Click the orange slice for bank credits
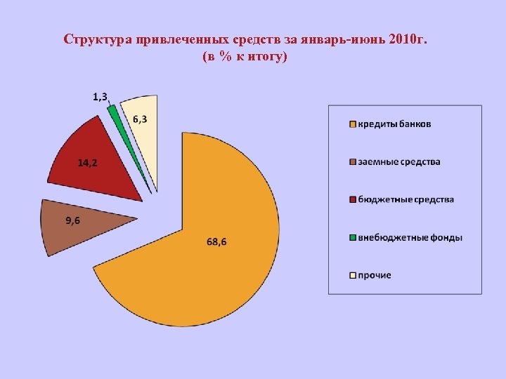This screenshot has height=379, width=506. (x=211, y=274)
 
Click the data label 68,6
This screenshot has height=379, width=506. (x=216, y=242)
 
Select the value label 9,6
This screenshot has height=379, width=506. (x=72, y=221)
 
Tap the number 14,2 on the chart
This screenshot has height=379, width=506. (x=87, y=163)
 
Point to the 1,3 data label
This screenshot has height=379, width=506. (x=100, y=97)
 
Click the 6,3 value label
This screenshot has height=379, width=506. (x=141, y=119)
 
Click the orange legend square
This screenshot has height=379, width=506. (x=352, y=125)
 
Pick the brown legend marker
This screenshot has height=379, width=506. (x=352, y=162)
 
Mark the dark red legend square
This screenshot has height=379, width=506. (x=352, y=200)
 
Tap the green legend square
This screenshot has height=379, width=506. (x=352, y=238)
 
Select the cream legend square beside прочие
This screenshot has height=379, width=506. (x=352, y=276)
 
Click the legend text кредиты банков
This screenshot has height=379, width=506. (x=395, y=125)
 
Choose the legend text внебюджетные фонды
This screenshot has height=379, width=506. (x=410, y=238)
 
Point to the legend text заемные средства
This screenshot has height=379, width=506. (x=399, y=162)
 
